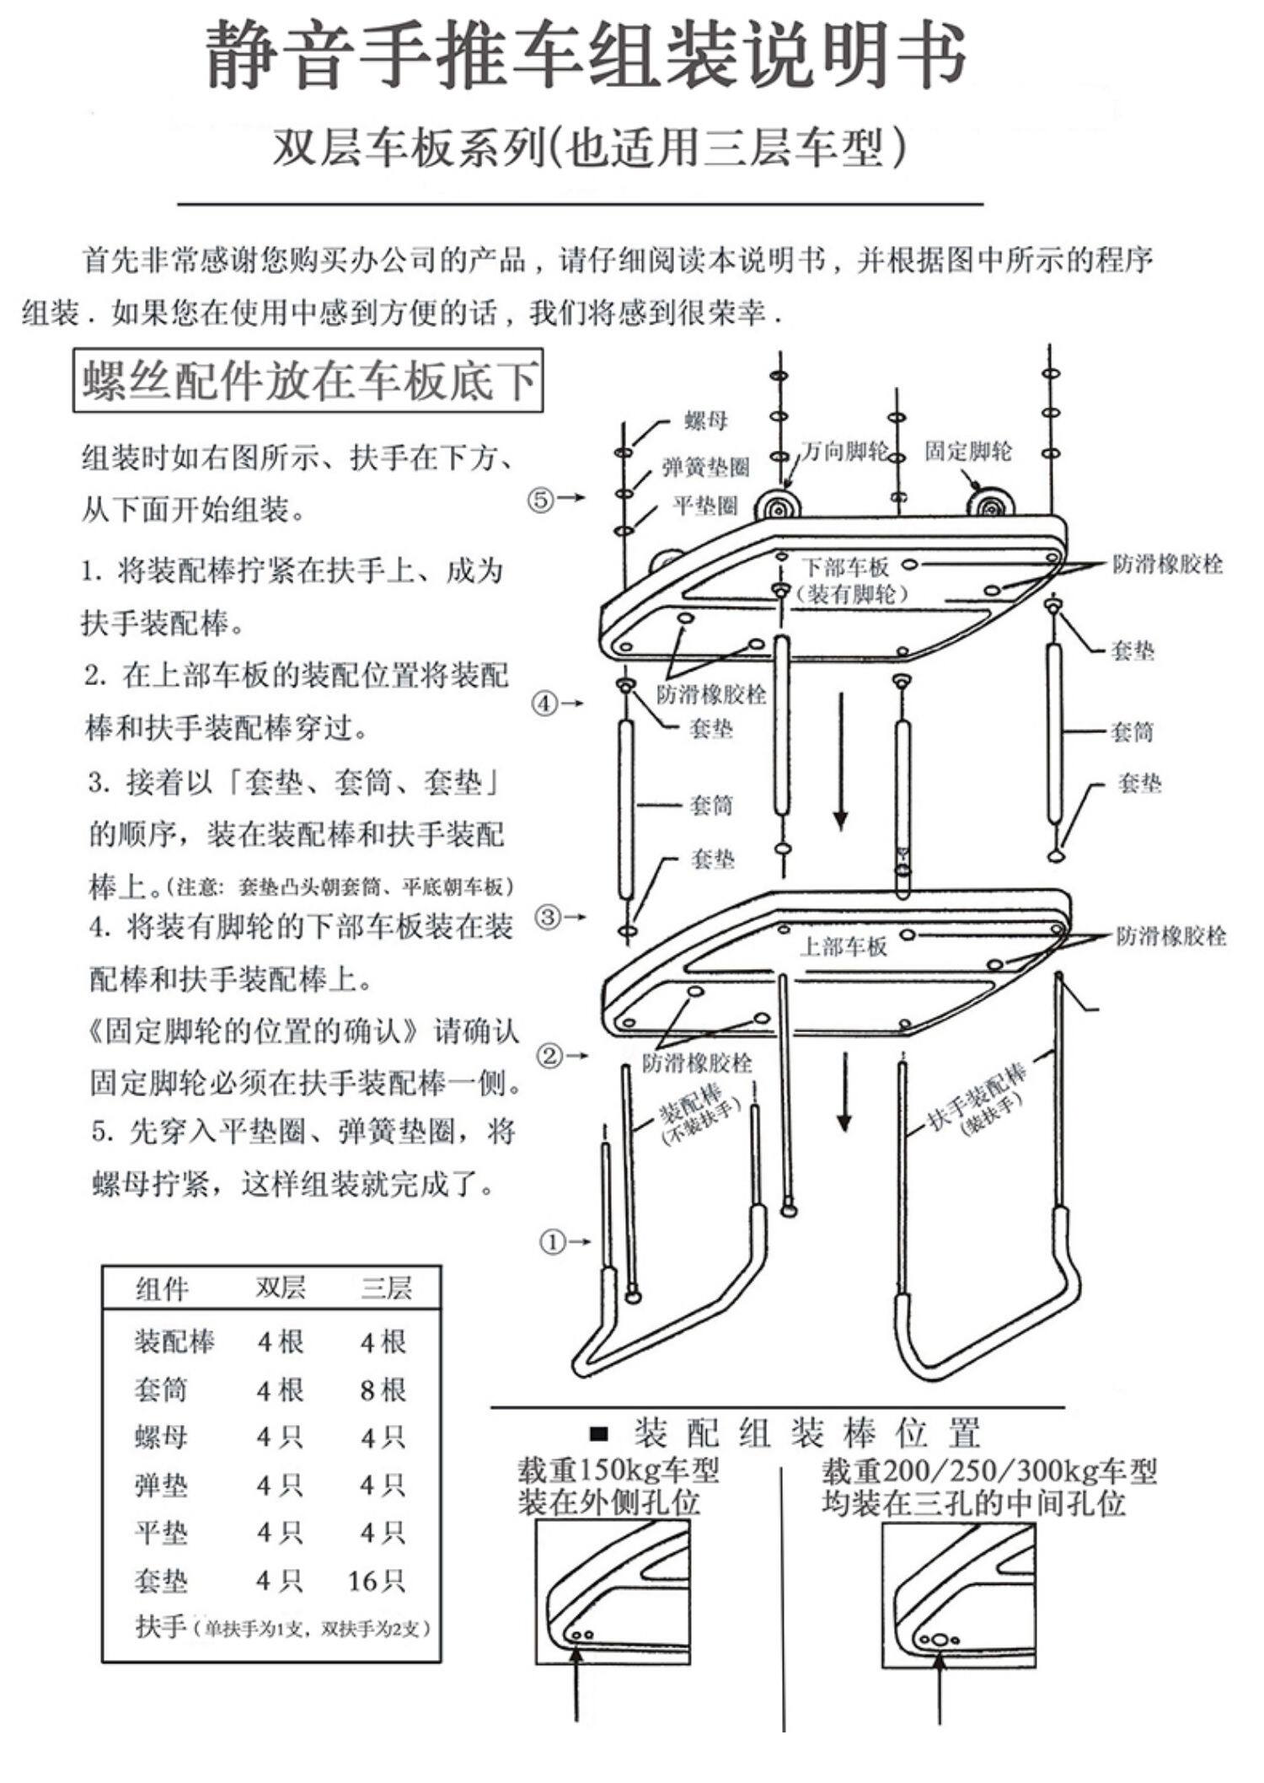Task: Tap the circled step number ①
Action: coord(552,1241)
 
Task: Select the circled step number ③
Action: coord(548,917)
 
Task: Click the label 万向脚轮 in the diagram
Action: coord(844,452)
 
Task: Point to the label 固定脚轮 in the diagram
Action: coord(967,451)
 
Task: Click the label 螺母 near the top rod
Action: coord(705,420)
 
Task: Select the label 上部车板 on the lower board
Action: coord(843,946)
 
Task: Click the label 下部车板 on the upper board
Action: coord(844,566)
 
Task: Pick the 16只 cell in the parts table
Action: coord(377,1581)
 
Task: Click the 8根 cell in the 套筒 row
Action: coord(383,1389)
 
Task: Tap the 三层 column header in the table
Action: coord(386,1288)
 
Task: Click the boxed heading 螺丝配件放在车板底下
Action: coord(308,381)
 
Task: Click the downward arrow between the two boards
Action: coord(840,763)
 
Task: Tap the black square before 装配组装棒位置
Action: coord(599,1432)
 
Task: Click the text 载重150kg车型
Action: coord(618,1471)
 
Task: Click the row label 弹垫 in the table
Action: coord(160,1485)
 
